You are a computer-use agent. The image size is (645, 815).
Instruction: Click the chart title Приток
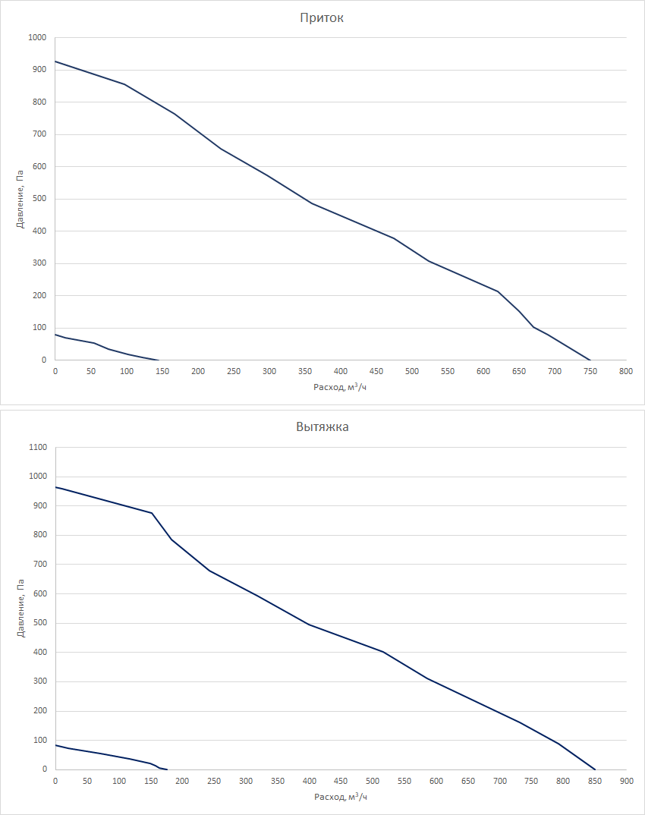click(x=322, y=17)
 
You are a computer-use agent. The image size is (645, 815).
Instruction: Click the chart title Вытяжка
click(x=322, y=426)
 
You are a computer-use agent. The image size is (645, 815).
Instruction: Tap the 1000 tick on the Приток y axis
click(x=37, y=37)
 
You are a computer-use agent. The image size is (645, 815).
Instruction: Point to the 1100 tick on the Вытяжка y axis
click(x=37, y=448)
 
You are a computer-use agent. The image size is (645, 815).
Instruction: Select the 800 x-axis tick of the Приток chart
click(x=626, y=371)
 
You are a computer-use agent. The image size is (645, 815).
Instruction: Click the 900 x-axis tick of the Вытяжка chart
click(x=626, y=781)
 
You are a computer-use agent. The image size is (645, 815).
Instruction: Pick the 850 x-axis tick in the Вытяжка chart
click(x=594, y=781)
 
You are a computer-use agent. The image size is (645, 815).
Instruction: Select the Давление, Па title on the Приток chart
click(x=20, y=199)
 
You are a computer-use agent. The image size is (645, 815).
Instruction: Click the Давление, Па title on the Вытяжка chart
click(x=20, y=609)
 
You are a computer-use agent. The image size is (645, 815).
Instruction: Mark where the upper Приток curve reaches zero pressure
click(x=590, y=360)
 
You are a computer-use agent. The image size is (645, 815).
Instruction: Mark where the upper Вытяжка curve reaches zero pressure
click(x=595, y=769)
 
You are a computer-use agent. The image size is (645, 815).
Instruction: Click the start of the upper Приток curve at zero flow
click(x=55, y=61)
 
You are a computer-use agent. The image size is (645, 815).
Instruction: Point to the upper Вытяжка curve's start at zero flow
click(x=55, y=487)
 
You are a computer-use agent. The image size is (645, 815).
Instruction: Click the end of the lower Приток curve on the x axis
click(x=158, y=360)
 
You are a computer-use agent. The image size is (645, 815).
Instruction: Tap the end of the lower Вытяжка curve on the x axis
click(x=167, y=769)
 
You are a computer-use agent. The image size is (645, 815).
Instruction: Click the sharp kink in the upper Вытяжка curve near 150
click(x=152, y=513)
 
